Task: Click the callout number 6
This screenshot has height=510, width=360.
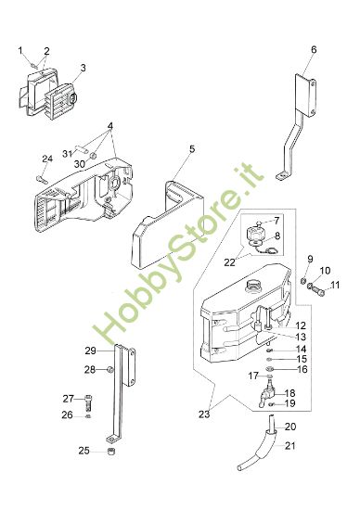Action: [x=314, y=50]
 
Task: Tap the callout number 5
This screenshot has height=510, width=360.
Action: [x=192, y=149]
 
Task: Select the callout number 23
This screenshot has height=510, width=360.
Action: [x=204, y=414]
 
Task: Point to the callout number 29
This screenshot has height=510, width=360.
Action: [x=91, y=351]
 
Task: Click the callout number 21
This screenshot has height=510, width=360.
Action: [x=290, y=445]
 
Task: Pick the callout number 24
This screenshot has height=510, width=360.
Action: [x=47, y=159]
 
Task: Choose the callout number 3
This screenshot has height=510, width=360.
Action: [x=84, y=68]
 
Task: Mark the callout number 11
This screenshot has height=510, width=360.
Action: [x=335, y=285]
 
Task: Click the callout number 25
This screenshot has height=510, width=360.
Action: [x=84, y=451]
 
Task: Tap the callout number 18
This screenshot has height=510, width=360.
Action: [x=290, y=393]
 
